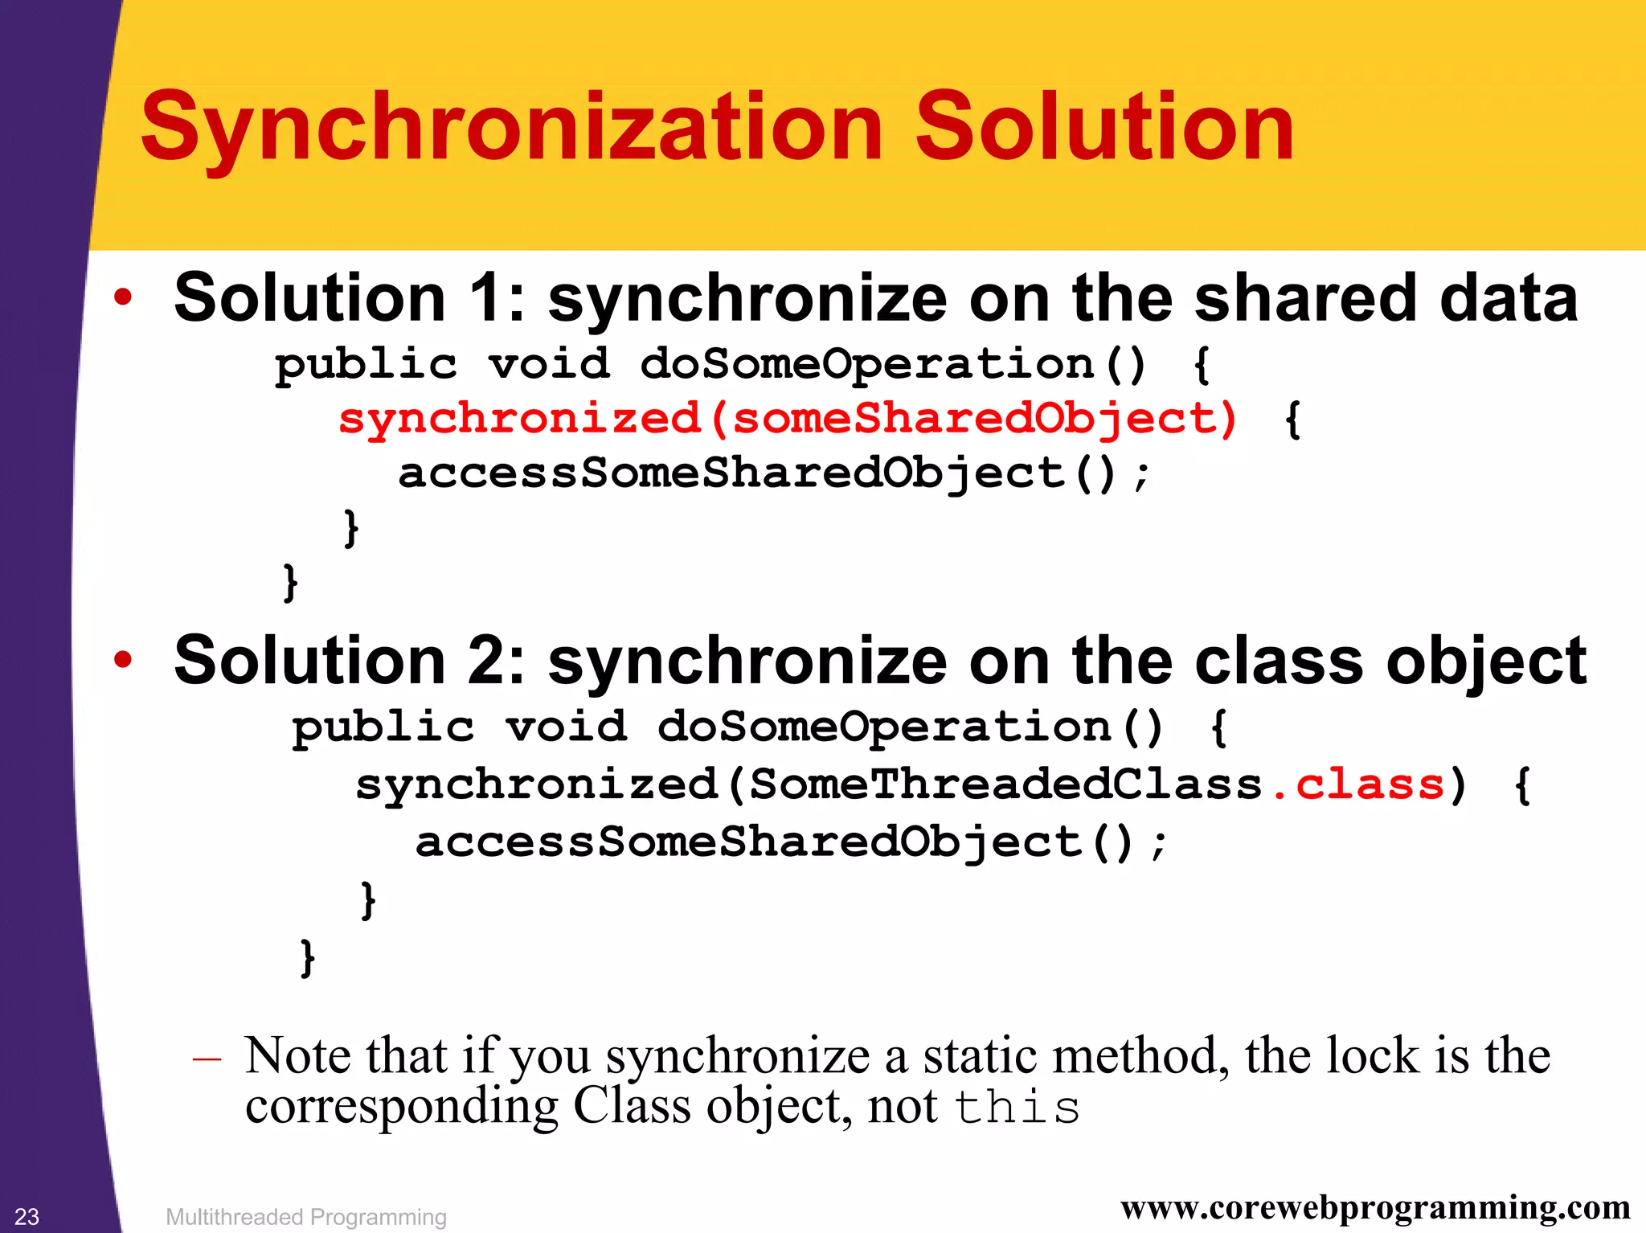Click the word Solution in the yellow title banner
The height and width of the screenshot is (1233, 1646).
pos(1104,127)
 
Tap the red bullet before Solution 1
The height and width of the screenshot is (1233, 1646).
pos(122,297)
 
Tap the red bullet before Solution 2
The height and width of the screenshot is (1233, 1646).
pos(122,660)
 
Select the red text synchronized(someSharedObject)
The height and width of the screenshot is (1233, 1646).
pos(788,419)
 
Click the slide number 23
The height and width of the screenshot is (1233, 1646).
pos(27,1216)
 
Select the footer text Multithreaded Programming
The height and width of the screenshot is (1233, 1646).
pos(306,1217)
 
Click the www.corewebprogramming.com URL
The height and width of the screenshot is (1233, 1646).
pos(1375,1207)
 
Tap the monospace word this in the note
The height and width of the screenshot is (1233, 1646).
pos(1017,1108)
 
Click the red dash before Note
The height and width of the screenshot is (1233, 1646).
pos(207,1059)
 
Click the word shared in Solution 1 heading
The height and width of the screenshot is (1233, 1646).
pos(1304,297)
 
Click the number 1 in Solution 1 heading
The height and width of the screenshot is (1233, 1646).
pos(486,297)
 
